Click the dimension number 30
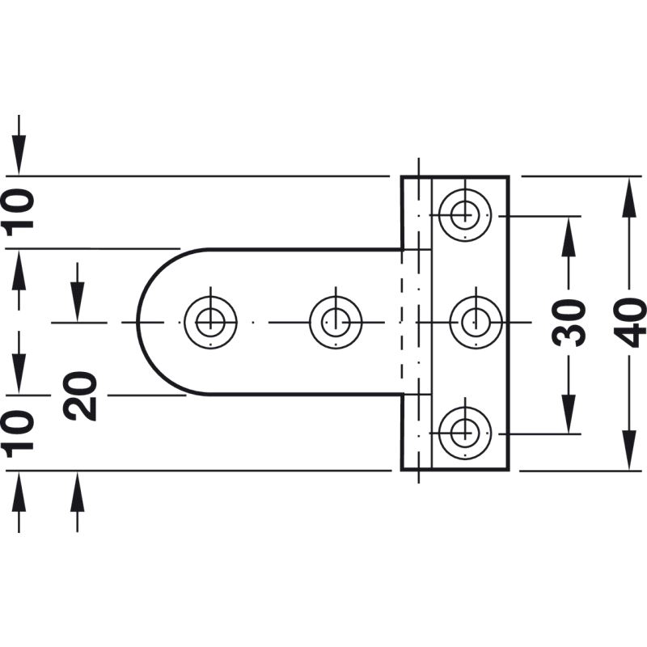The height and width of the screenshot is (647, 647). point(569,323)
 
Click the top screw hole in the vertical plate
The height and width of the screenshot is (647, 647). point(465,215)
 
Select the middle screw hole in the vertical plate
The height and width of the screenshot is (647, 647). point(476,322)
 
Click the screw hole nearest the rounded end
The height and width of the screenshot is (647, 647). point(210,322)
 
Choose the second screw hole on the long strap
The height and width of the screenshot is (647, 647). point(336,322)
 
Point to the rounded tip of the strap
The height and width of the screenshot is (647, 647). point(137,322)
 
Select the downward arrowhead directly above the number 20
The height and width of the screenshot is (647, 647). point(77,301)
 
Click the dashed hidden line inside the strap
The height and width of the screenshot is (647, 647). point(401,322)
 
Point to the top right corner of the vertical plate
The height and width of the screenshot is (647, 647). point(509,176)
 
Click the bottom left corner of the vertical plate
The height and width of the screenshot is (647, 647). point(402,470)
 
